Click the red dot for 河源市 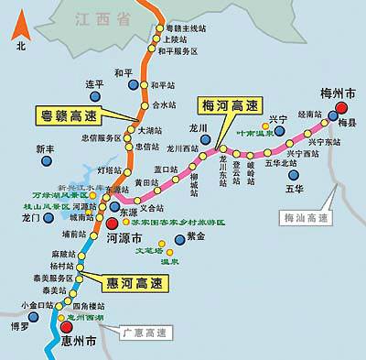point(112,223)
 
